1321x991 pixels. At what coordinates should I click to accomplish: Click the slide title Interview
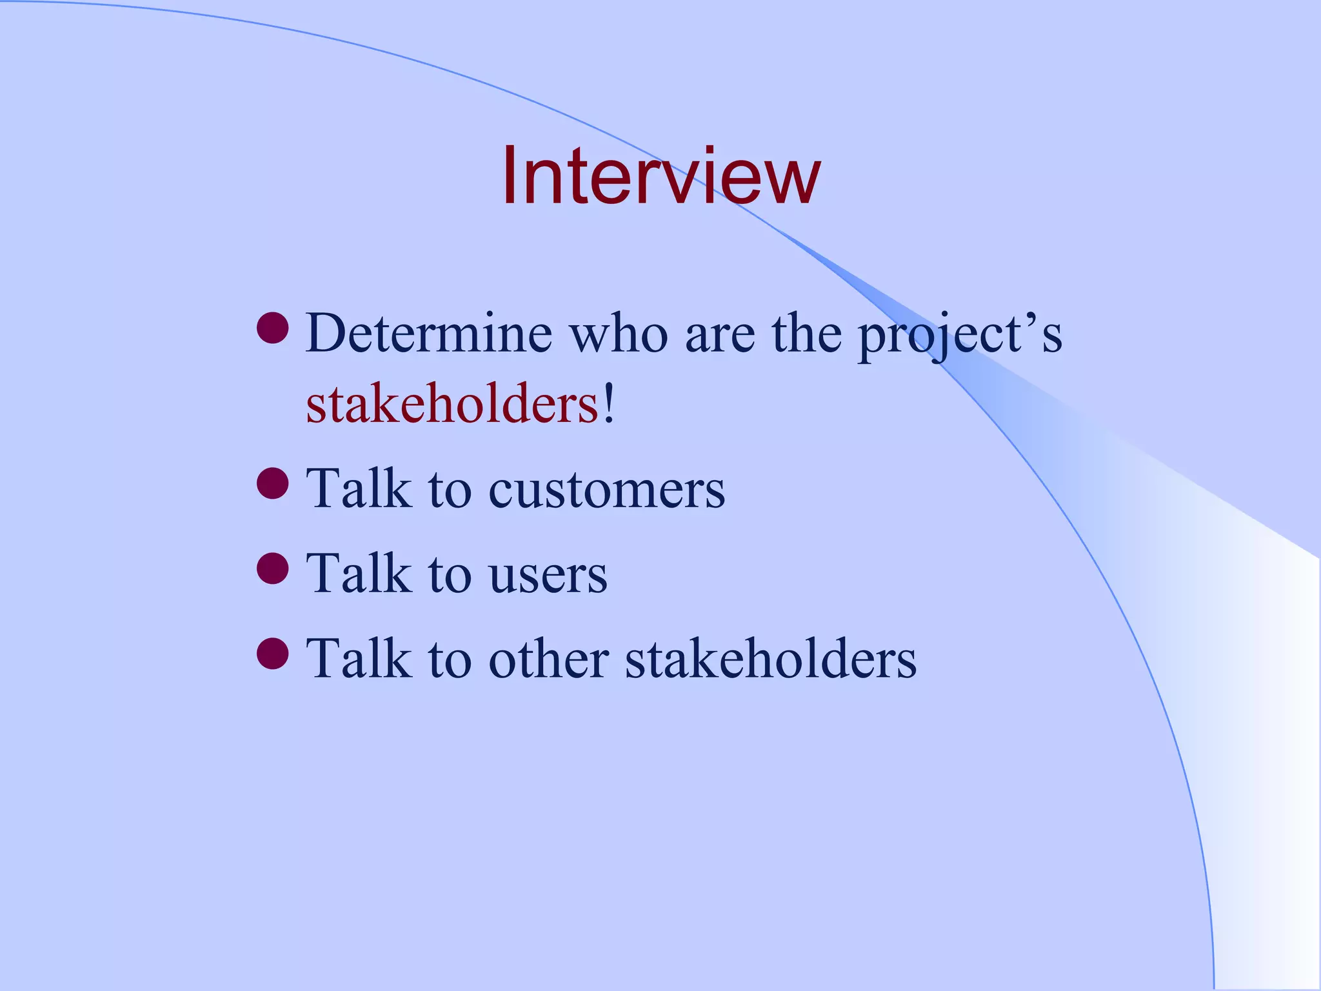[660, 175]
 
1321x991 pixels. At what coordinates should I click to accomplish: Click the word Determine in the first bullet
[429, 334]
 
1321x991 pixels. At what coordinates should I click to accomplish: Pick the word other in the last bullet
[548, 659]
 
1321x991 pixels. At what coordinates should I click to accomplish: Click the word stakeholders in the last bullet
[771, 659]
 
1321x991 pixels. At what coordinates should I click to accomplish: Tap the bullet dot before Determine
[272, 328]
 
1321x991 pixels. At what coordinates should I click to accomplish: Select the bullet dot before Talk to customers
[272, 483]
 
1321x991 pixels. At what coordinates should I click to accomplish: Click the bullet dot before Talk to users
[272, 568]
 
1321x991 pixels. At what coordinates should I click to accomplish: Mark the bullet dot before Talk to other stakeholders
[272, 653]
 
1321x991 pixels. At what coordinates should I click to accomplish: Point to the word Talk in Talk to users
[359, 574]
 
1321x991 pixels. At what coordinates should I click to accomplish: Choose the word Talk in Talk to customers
[359, 489]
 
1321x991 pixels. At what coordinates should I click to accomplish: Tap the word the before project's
[806, 334]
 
